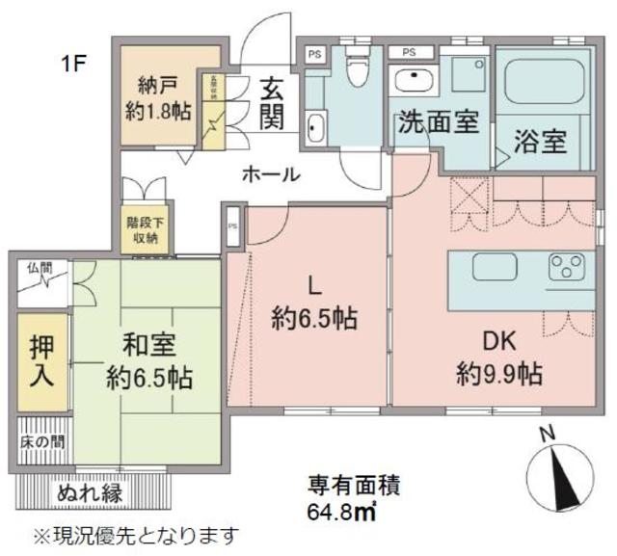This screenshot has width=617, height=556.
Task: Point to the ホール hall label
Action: (270, 174)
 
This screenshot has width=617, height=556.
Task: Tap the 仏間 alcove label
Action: (39, 266)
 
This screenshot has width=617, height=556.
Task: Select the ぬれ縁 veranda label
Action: (89, 492)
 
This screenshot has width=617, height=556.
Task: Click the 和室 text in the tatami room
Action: (147, 344)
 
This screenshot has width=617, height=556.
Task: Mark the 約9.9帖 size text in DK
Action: (497, 373)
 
